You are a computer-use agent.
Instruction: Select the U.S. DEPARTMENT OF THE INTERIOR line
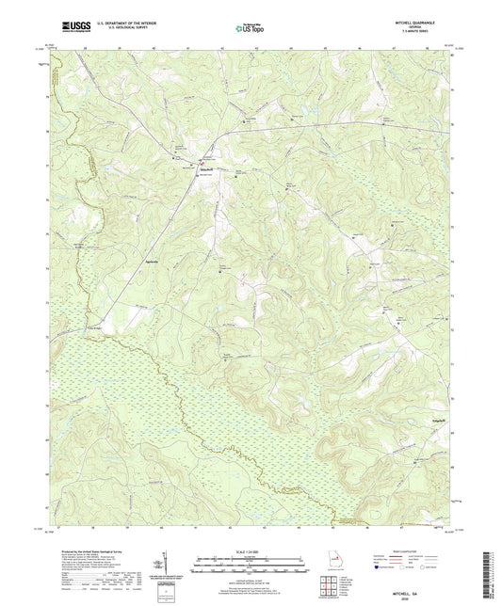coord(123,25)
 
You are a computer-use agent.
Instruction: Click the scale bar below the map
coord(251,565)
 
